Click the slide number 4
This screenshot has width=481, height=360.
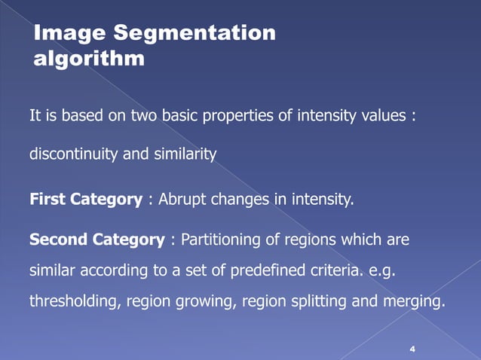click(x=412, y=349)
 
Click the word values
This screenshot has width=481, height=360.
click(x=380, y=117)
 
